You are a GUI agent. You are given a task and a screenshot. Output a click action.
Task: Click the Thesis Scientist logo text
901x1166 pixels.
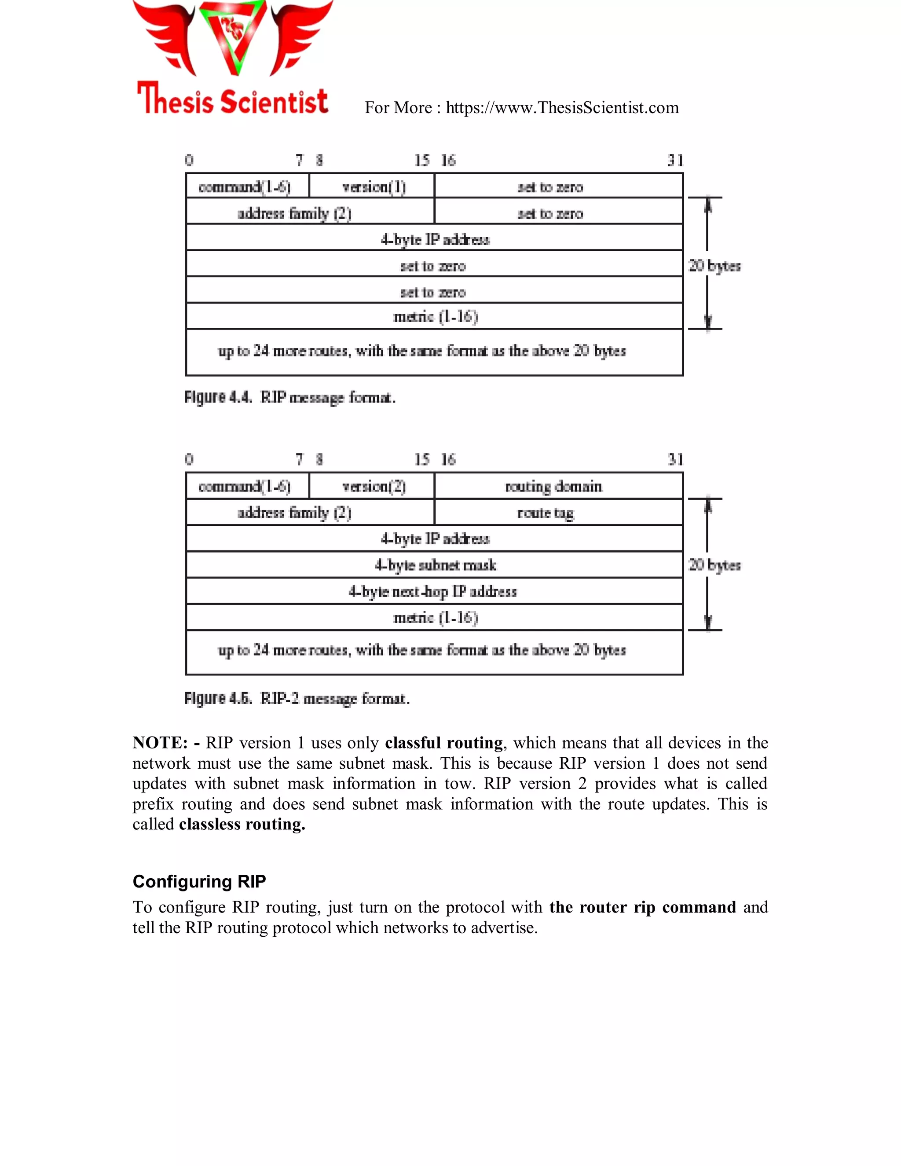pyautogui.click(x=233, y=100)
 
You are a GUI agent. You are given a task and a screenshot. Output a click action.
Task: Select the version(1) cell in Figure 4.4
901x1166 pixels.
pyautogui.click(x=373, y=187)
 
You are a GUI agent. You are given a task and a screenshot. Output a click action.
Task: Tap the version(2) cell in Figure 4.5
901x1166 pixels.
pyautogui.click(x=373, y=486)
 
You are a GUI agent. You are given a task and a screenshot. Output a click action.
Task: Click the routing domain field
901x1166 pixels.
pyautogui.click(x=553, y=486)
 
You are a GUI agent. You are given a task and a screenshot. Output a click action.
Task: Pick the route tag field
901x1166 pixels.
pyautogui.click(x=546, y=513)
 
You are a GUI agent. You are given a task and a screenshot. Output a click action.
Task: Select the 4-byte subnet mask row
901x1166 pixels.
pyautogui.click(x=435, y=565)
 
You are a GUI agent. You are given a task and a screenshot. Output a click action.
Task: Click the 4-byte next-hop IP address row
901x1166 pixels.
pyautogui.click(x=432, y=591)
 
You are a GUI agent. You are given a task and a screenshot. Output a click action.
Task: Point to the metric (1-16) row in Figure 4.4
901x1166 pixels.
pyautogui.click(x=435, y=317)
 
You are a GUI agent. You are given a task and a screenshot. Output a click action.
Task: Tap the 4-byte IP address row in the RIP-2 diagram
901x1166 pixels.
pyautogui.click(x=435, y=539)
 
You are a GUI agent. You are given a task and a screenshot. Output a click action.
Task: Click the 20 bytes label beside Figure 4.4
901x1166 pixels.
pyautogui.click(x=714, y=266)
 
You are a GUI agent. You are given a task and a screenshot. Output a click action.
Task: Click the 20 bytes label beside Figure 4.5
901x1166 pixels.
pyautogui.click(x=714, y=565)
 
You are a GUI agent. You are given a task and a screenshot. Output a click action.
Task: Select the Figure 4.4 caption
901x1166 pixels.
pyautogui.click(x=290, y=398)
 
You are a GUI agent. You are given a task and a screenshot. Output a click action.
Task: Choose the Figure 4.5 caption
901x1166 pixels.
pyautogui.click(x=297, y=698)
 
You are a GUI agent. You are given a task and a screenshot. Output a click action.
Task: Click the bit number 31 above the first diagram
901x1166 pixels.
pyautogui.click(x=675, y=160)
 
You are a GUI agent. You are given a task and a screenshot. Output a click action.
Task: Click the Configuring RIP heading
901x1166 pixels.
pyautogui.click(x=199, y=881)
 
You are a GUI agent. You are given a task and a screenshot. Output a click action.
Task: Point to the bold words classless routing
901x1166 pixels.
pyautogui.click(x=242, y=824)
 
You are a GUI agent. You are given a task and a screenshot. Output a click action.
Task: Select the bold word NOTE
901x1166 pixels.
pyautogui.click(x=160, y=743)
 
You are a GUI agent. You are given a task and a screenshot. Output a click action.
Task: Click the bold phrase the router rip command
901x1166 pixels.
pyautogui.click(x=642, y=907)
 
